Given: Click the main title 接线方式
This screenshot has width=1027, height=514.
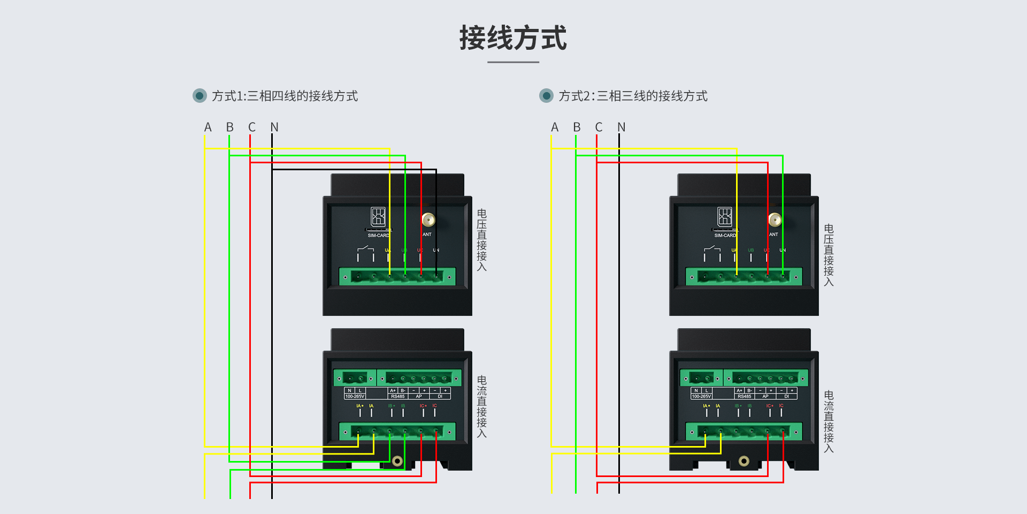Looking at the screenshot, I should tap(513, 39).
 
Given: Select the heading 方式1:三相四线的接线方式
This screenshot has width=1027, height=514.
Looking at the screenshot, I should tap(285, 96).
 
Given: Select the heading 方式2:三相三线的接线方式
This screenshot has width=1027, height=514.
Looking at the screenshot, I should tap(633, 96).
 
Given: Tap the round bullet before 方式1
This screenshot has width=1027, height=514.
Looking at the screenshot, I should tap(200, 96).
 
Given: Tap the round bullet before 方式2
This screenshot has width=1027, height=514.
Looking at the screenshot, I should tap(546, 96).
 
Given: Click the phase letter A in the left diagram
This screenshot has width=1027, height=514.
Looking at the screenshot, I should tap(208, 127).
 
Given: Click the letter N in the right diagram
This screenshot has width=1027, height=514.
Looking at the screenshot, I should tap(621, 127).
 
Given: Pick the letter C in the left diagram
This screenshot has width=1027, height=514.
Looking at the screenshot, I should tap(251, 127).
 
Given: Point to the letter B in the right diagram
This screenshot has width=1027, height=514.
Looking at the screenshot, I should tap(577, 127).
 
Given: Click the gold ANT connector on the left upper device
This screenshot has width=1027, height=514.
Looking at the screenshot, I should tap(428, 220).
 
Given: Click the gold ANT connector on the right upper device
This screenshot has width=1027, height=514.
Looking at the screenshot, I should tap(775, 220).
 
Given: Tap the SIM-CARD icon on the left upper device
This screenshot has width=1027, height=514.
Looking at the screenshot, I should tap(378, 217).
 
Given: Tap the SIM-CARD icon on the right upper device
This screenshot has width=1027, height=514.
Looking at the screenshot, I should tap(725, 217).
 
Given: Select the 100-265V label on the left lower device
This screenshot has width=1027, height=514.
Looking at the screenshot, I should tap(355, 397).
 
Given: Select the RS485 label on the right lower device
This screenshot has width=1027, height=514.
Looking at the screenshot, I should tap(745, 397).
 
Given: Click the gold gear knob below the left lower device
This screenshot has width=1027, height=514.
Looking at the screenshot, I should tap(397, 461).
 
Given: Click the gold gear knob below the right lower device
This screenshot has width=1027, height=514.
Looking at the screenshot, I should tap(744, 461).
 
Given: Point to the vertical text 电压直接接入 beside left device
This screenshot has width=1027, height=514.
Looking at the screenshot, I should tap(481, 240).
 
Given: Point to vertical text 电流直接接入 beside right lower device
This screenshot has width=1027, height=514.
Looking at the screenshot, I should tap(829, 421).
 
